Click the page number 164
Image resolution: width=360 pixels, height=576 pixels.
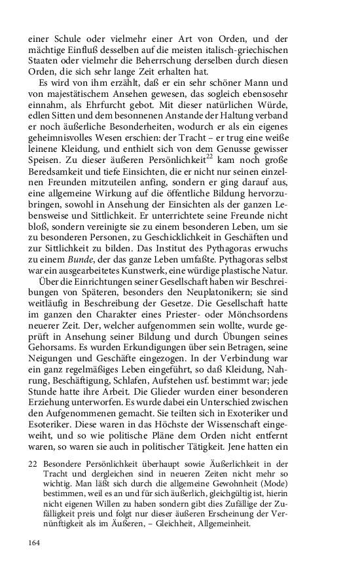click(35, 543)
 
